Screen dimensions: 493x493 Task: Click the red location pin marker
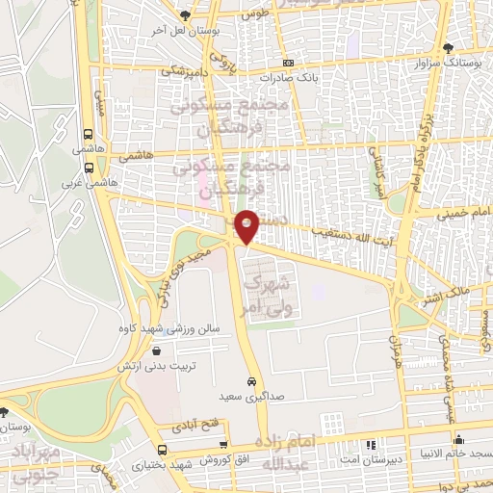coord(247,225)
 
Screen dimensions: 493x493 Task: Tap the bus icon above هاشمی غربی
coord(89,166)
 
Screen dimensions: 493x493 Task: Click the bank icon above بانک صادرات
coord(288,62)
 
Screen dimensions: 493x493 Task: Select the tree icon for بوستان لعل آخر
coord(186,16)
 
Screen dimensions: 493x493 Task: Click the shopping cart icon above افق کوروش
coord(223,445)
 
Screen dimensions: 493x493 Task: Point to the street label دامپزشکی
coord(180,71)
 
